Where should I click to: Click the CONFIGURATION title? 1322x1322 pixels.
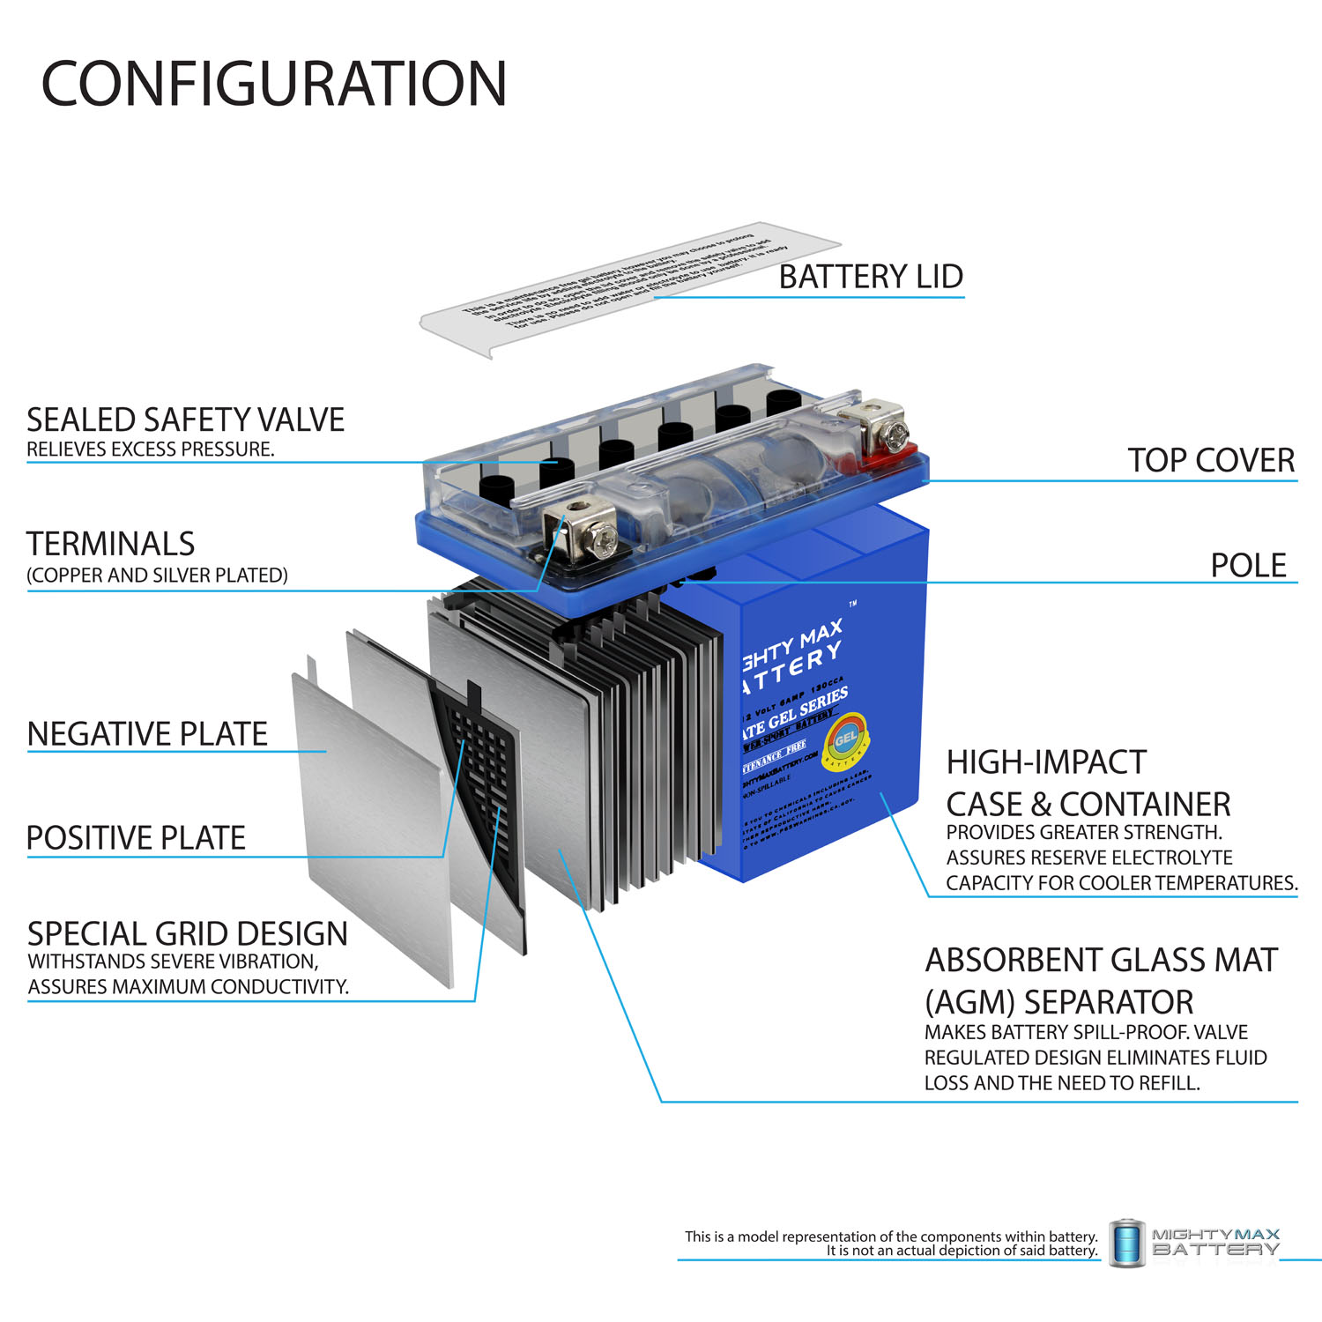(x=274, y=84)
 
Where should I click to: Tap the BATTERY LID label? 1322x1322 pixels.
(x=871, y=277)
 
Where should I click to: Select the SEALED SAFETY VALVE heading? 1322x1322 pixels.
(x=185, y=420)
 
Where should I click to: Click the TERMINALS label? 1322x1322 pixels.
(x=110, y=544)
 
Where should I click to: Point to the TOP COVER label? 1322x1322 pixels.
(x=1211, y=460)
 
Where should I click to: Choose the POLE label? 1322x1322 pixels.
(x=1248, y=565)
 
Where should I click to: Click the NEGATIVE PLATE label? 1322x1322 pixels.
(x=147, y=733)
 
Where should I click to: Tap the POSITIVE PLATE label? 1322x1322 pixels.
(x=136, y=837)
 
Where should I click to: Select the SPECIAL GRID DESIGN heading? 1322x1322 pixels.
(x=187, y=933)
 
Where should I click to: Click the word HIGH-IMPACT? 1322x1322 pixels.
(x=1046, y=761)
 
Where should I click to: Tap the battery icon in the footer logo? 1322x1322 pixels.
(x=1126, y=1243)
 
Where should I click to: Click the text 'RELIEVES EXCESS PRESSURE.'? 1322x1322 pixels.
(x=151, y=449)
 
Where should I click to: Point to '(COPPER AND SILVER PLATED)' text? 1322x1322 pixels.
(x=157, y=576)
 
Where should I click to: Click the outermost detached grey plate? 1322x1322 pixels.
(x=370, y=820)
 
